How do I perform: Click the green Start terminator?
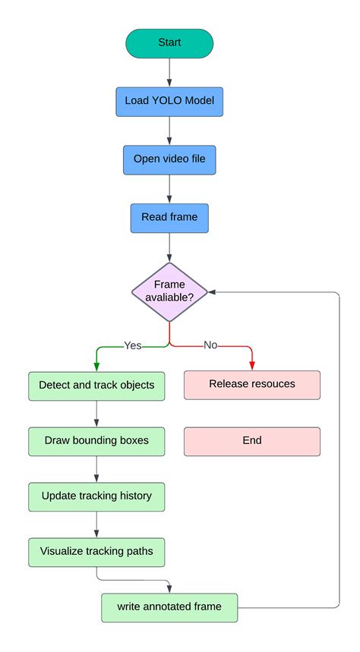pos(169,43)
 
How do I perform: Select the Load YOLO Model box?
pos(169,101)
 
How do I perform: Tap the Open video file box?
pos(169,159)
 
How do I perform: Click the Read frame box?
pos(169,217)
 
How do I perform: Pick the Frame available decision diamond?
pos(169,291)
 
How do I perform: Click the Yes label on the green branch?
pos(133,345)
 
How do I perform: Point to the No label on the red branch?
pos(210,345)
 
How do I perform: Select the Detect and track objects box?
pos(96,385)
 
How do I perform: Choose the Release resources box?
pos(251,385)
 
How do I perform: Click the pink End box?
pos(251,441)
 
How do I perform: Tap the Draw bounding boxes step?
pos(96,441)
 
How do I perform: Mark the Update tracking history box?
pos(96,496)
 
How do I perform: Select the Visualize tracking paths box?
pos(96,552)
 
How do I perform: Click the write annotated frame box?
pos(169,607)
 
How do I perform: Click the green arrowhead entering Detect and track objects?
pos(96,367)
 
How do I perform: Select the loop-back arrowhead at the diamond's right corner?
pos(213,291)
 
